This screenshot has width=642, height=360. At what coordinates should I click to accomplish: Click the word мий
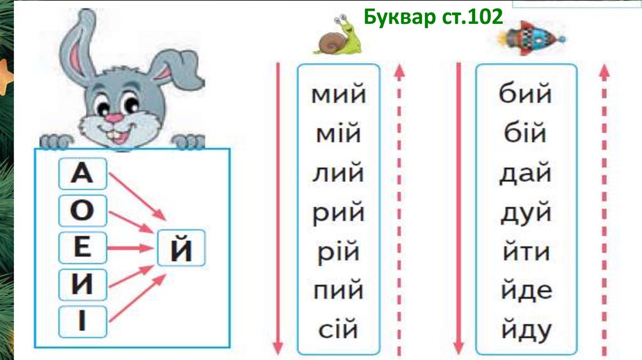pyautogui.click(x=339, y=94)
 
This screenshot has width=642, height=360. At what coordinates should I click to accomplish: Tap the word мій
pyautogui.click(x=339, y=134)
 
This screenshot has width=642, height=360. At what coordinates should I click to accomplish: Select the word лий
pyautogui.click(x=339, y=173)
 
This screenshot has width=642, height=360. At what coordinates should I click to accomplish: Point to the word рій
pyautogui.click(x=339, y=253)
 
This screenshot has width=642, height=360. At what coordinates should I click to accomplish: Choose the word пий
pyautogui.click(x=339, y=290)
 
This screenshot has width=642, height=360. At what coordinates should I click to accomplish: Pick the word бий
pyautogui.click(x=526, y=93)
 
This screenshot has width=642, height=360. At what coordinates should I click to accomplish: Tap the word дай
pyautogui.click(x=526, y=173)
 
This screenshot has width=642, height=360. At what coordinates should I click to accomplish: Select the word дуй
pyautogui.click(x=526, y=213)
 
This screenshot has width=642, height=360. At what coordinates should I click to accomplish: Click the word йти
pyautogui.click(x=526, y=251)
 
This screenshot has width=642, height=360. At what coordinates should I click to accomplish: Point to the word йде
pyautogui.click(x=527, y=290)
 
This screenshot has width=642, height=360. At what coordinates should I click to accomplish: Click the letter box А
pyautogui.click(x=83, y=174)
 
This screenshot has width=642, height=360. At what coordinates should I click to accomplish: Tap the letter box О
pyautogui.click(x=83, y=211)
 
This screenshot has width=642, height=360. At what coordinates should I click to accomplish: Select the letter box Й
pyautogui.click(x=181, y=248)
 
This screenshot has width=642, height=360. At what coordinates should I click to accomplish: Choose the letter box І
pyautogui.click(x=83, y=322)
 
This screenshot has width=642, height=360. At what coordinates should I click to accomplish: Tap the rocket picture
pyautogui.click(x=531, y=38)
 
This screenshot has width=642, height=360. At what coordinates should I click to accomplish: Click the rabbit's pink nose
pyautogui.click(x=114, y=118)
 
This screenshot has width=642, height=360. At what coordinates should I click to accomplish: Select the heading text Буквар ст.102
pyautogui.click(x=433, y=17)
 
